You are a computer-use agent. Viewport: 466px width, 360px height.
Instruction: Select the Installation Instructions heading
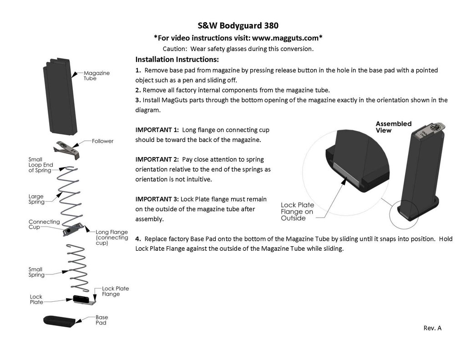pos(177,60)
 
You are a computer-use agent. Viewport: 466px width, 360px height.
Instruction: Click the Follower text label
pos(103,141)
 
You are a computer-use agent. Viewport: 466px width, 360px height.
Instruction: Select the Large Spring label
pos(36,199)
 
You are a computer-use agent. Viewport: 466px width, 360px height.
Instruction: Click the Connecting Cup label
pos(44,224)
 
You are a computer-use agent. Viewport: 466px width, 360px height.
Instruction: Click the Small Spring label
pos(36,272)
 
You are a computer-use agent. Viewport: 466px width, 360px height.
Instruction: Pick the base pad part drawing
pos(59,320)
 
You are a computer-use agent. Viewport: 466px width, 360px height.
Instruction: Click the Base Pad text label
pos(101,320)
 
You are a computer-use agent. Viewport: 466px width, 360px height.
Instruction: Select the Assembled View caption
pos(394,127)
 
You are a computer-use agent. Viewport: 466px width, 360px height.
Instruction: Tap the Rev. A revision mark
pos(432,328)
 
